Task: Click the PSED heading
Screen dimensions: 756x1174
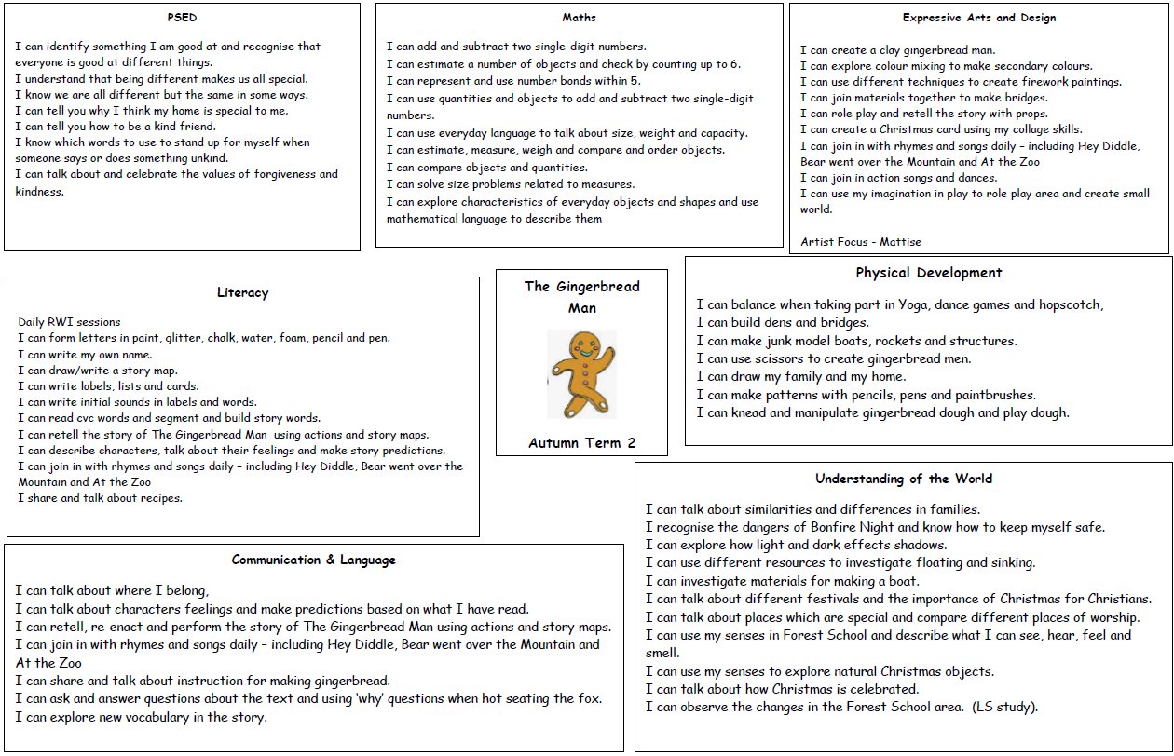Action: coord(182,18)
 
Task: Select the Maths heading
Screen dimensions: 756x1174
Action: coord(579,18)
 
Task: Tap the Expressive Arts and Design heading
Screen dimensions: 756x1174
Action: coord(979,18)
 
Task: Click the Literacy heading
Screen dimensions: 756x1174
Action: coord(242,292)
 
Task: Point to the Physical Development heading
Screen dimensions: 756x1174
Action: coord(929,273)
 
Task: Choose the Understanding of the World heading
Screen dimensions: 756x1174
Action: coord(904,479)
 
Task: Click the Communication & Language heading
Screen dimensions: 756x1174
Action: coord(314,560)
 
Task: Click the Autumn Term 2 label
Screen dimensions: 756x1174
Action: coord(581,442)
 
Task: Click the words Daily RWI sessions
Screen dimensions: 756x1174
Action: coord(70,322)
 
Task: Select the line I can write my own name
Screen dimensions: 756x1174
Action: coord(85,355)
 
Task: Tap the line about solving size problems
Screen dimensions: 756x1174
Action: coord(511,184)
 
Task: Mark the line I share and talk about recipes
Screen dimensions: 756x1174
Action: coord(101,498)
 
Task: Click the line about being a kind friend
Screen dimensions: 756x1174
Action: coord(116,127)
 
